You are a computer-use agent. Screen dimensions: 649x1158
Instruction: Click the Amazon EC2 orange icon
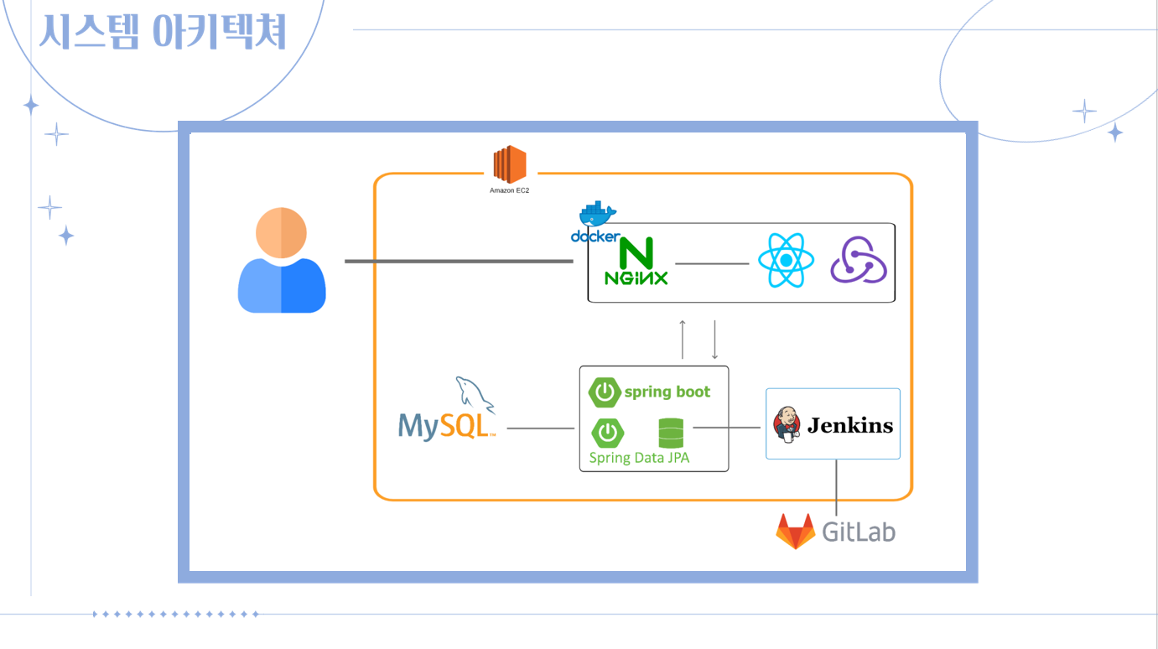point(510,164)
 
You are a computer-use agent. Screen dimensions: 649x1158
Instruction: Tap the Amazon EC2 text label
point(510,191)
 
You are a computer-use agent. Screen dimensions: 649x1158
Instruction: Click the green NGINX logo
point(636,262)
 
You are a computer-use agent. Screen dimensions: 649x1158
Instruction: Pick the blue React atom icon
point(786,261)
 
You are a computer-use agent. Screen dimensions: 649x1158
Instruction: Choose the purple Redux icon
point(859,261)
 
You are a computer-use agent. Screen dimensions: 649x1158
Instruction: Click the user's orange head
point(282,233)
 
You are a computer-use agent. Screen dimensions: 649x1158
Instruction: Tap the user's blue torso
point(282,288)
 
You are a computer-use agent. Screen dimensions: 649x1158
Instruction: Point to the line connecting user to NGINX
point(458,262)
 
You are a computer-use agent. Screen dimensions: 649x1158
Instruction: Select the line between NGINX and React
point(712,263)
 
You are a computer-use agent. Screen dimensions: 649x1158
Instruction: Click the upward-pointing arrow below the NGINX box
point(683,339)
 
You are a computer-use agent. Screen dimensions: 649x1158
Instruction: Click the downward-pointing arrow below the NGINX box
point(714,339)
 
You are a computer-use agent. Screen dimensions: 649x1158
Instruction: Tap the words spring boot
point(667,392)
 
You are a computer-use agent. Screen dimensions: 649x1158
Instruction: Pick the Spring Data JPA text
point(639,458)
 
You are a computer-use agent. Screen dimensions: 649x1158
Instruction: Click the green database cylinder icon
point(671,433)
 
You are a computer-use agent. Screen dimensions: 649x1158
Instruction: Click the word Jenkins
point(850,425)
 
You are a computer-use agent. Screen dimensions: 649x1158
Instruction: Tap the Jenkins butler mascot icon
point(787,424)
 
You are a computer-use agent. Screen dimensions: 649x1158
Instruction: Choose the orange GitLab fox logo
point(795,532)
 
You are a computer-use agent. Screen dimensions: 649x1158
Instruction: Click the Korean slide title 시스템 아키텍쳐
point(164,32)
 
